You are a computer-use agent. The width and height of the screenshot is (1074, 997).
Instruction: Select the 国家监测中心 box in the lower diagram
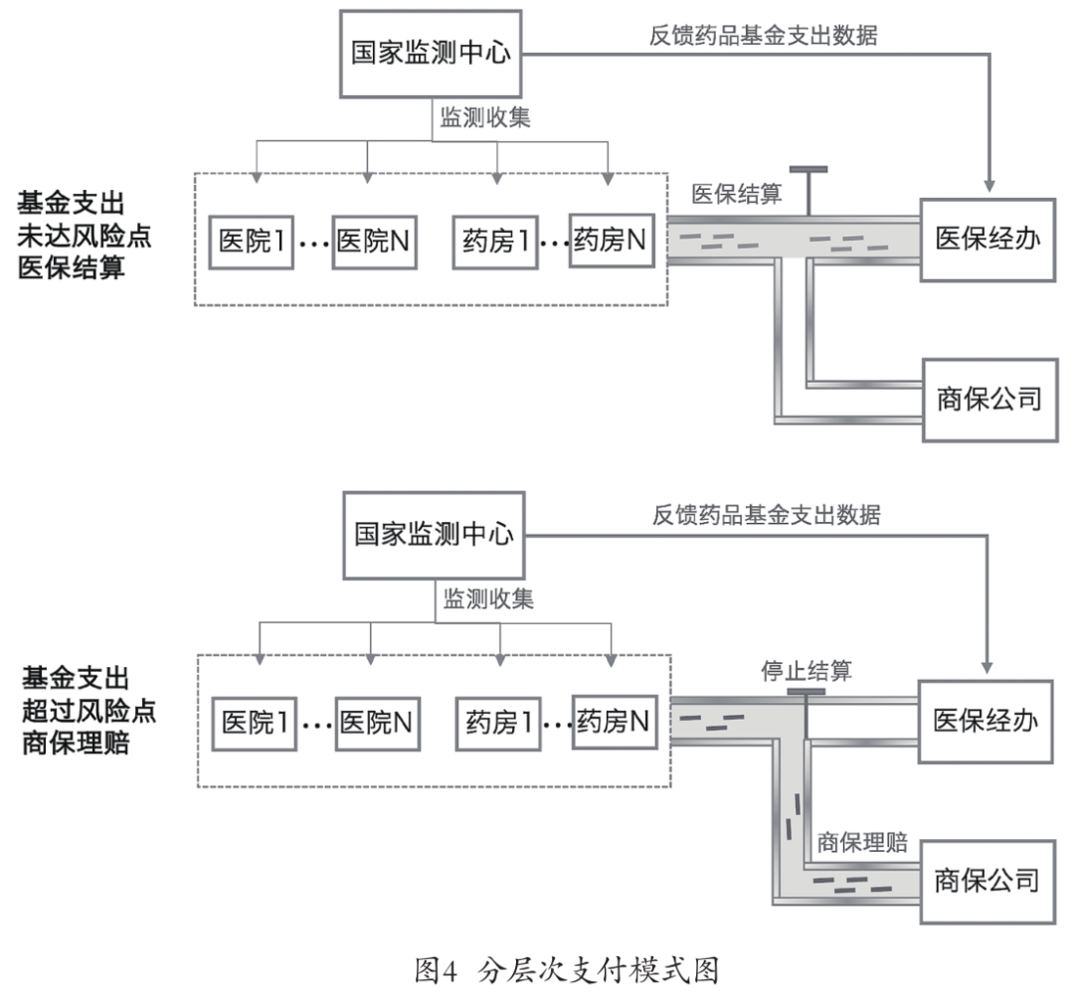coord(434,535)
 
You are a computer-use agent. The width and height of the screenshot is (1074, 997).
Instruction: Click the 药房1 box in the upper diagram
coord(493,240)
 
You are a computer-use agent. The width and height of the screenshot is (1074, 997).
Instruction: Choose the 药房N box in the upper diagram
coord(611,240)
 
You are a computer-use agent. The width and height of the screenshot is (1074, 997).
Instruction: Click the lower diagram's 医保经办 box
coord(984,721)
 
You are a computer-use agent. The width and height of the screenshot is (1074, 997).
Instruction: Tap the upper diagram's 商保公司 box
coord(988,400)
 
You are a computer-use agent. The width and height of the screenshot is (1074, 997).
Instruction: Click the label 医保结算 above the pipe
coord(737,195)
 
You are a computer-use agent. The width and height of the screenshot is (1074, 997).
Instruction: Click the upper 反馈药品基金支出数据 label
coord(763,33)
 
